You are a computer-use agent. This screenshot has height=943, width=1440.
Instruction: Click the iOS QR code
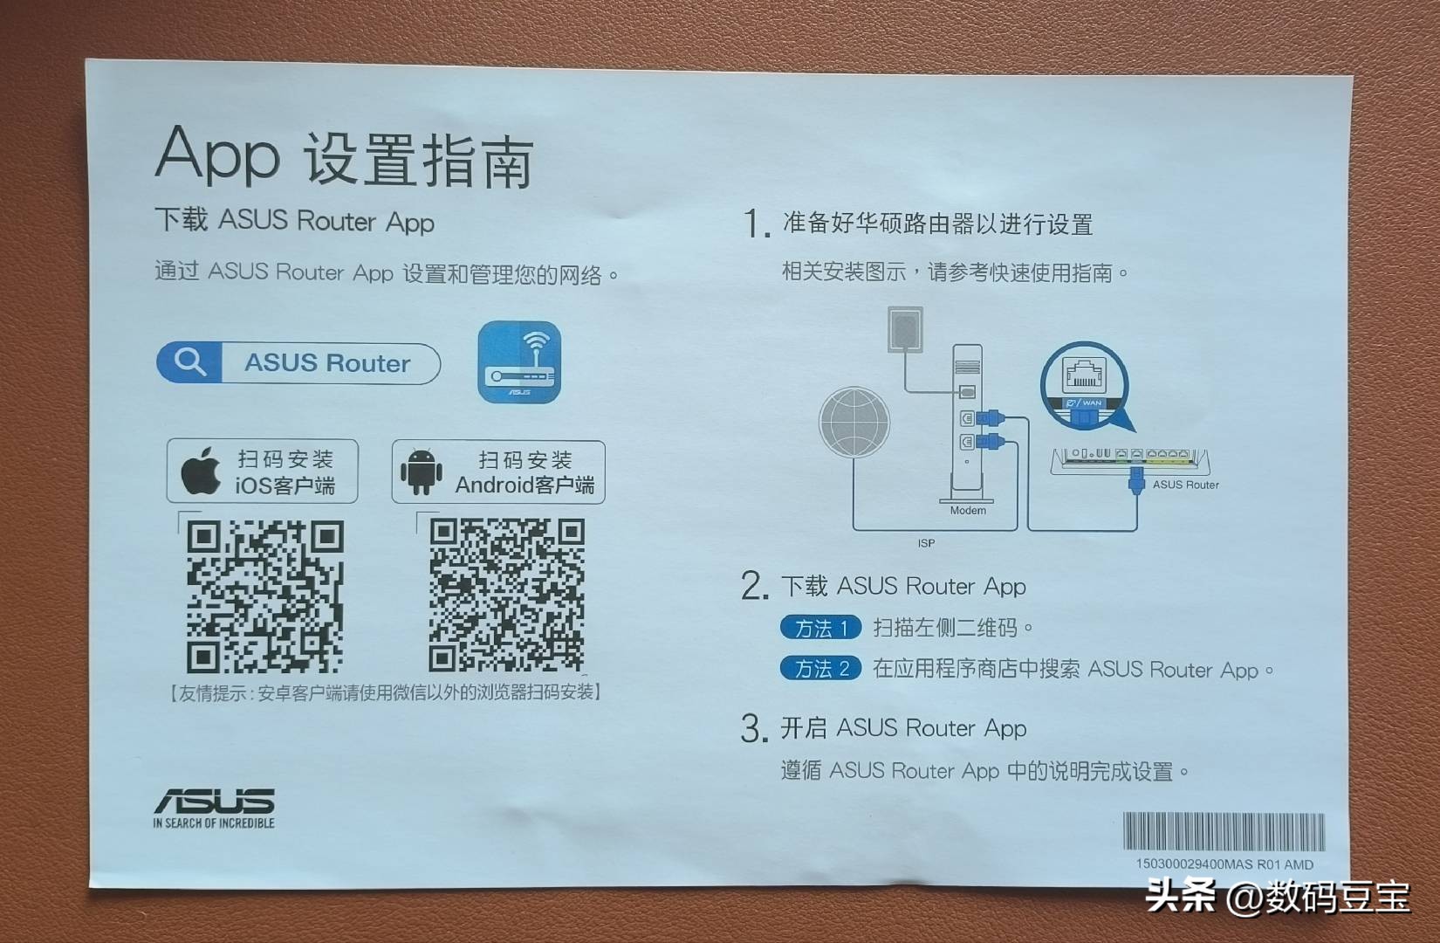point(264,595)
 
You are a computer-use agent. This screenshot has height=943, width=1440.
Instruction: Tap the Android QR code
point(506,595)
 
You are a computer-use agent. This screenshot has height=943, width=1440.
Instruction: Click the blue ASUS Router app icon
point(519,362)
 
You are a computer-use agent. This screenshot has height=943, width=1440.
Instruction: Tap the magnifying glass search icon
point(189,361)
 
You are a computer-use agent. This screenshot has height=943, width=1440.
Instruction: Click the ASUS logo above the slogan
point(215,800)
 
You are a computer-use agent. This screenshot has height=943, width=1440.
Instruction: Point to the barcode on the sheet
point(1223,831)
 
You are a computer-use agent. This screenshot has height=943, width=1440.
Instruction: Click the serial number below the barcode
point(1224,864)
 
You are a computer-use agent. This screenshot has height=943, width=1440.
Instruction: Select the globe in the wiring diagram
point(854,422)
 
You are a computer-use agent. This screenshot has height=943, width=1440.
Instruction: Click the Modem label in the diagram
point(968,511)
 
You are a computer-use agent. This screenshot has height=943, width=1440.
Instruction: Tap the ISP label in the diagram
point(926,543)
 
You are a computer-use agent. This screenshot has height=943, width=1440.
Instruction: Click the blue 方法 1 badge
point(820,628)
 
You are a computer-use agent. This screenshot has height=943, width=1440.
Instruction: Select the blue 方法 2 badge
point(820,669)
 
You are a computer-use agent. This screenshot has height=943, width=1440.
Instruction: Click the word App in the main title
point(218,155)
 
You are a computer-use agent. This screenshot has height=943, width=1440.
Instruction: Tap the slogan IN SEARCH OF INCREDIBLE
point(214,823)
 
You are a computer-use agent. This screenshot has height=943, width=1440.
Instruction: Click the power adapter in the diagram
point(905,329)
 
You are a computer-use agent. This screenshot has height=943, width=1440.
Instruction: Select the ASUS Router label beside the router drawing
point(1185,485)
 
